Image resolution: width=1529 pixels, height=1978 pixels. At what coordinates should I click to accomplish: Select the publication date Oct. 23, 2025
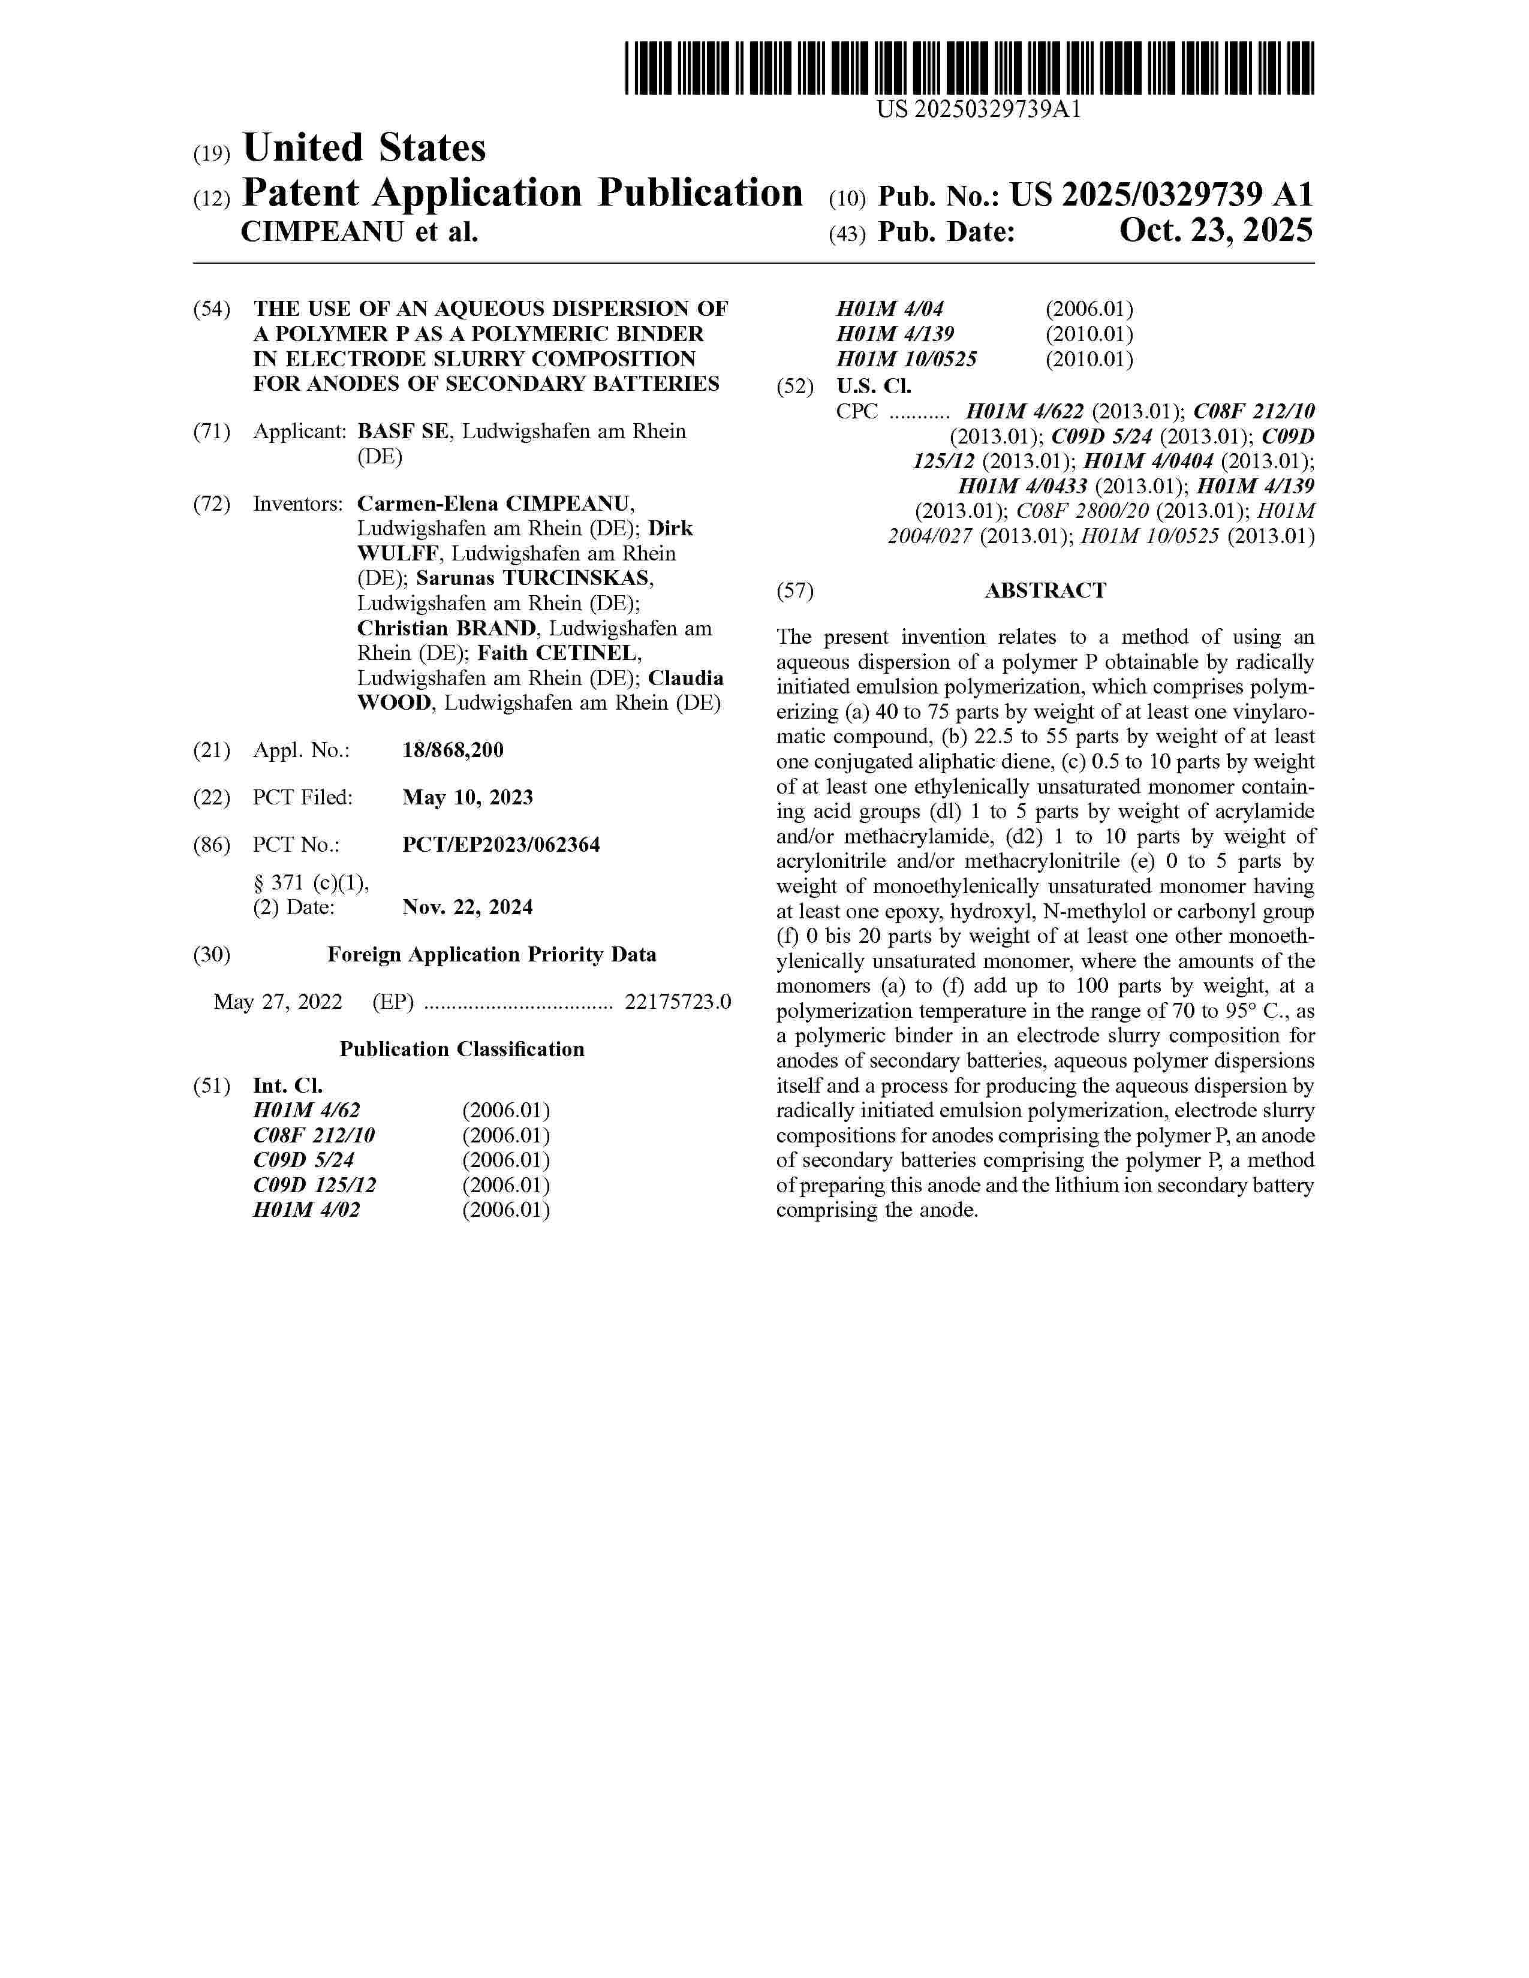click(1215, 231)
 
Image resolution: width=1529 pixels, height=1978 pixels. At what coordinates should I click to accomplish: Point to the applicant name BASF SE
click(402, 431)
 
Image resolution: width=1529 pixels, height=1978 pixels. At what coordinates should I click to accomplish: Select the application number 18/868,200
click(453, 750)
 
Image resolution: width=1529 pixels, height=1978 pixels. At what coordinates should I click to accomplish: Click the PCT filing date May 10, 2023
click(468, 797)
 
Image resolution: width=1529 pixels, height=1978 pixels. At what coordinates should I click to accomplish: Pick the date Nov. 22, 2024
click(468, 906)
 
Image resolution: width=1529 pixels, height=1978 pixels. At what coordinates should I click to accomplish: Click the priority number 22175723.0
click(678, 1002)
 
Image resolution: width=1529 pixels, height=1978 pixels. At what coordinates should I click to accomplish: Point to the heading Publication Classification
click(462, 1049)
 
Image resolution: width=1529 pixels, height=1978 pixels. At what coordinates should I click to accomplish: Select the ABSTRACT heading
click(1045, 590)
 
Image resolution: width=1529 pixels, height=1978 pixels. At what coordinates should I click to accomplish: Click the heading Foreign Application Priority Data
click(491, 955)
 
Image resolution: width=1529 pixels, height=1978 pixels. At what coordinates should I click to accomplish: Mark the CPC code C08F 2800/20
click(1082, 511)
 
